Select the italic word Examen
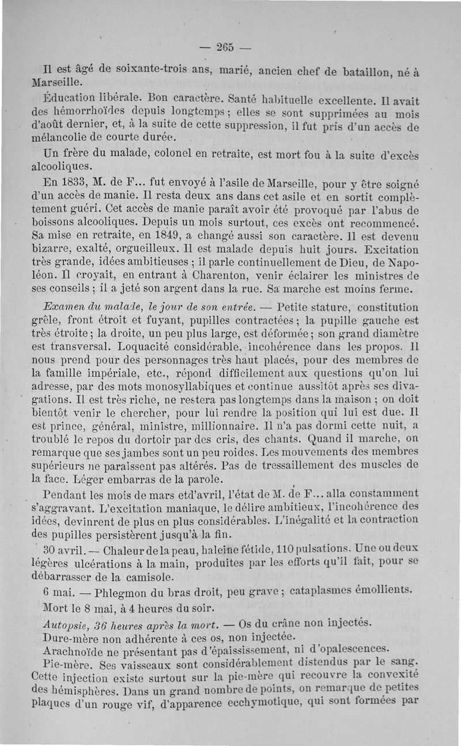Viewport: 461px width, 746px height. pos(65,307)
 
